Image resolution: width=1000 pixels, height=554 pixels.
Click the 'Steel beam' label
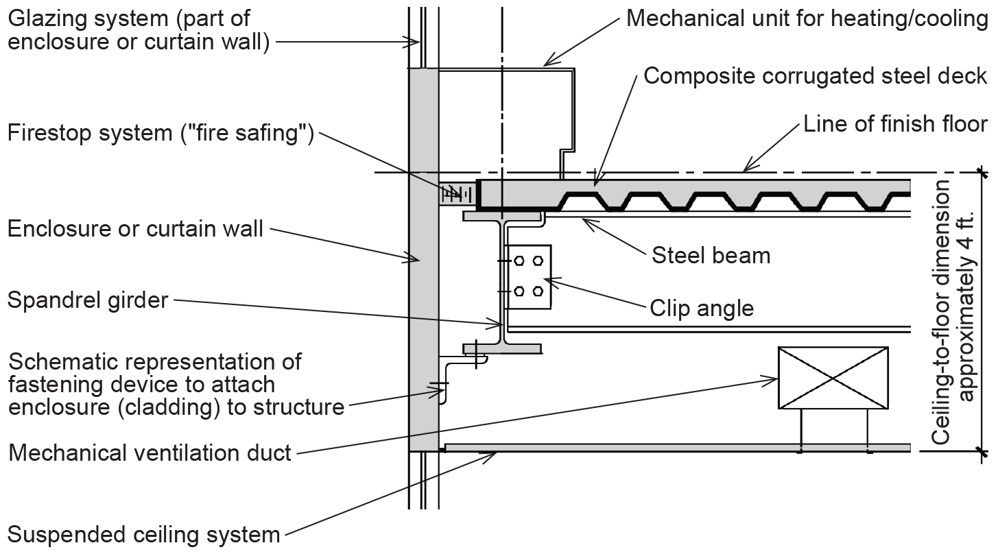711,255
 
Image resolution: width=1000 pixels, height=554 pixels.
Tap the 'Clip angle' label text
702,309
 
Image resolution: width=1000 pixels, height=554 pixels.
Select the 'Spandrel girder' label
88,300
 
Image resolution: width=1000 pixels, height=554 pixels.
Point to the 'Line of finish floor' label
895,124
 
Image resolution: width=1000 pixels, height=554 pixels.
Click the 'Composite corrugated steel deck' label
815,75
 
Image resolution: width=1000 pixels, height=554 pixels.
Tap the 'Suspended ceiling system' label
144,534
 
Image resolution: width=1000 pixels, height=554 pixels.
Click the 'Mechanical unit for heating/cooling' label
807,19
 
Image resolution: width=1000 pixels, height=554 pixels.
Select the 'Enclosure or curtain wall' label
135,228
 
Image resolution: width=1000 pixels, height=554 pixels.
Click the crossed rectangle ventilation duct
833,378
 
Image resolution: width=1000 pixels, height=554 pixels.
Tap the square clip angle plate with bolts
528,276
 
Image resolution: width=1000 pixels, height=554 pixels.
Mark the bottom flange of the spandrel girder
503,349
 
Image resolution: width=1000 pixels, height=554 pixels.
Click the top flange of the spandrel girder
503,217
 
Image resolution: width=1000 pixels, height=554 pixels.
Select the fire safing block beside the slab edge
457,194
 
